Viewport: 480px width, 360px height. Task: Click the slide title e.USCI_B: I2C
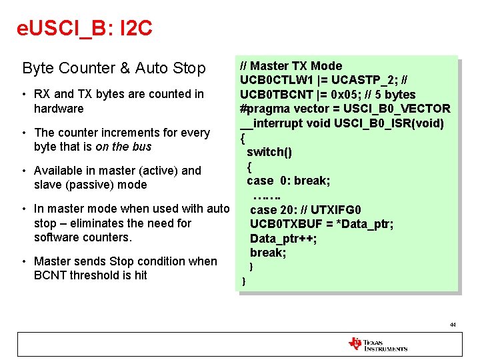point(85,28)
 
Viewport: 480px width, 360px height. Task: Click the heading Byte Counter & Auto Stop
point(114,68)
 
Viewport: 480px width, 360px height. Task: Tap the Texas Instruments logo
point(377,344)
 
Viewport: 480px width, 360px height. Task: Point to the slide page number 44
point(453,325)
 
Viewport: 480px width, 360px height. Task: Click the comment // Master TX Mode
point(291,66)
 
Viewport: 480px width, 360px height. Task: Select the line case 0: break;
point(289,181)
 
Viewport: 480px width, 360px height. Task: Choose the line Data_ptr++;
point(283,239)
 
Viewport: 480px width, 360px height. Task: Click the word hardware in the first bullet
point(59,109)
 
